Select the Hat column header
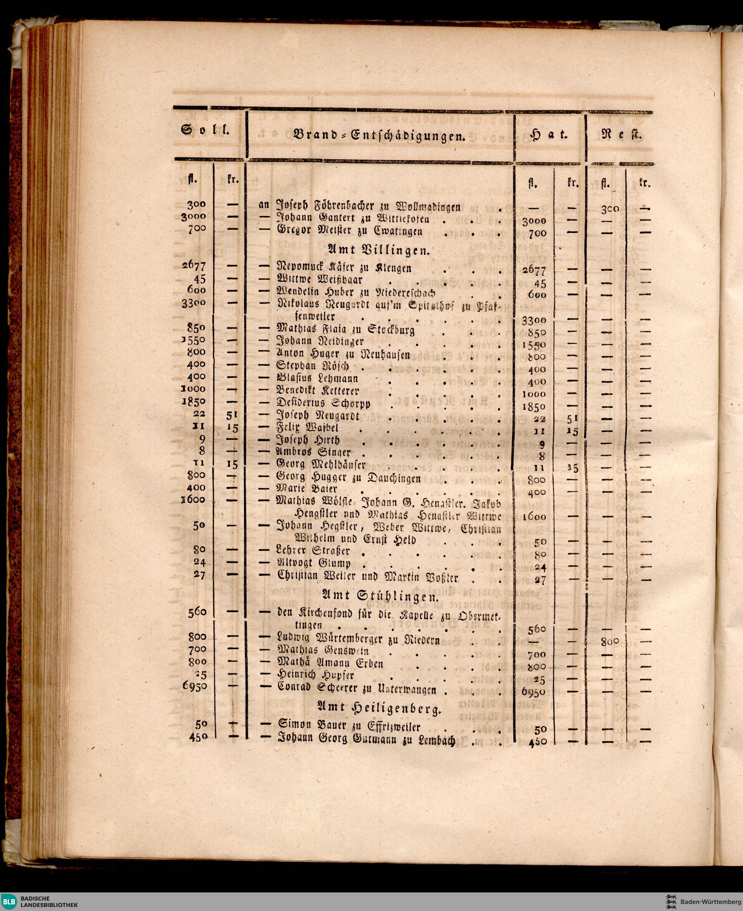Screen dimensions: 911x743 point(548,135)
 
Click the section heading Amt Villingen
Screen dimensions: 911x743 point(379,250)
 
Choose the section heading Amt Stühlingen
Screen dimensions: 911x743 point(379,596)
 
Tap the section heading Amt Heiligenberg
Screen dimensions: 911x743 point(379,709)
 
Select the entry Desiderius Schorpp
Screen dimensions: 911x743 point(323,403)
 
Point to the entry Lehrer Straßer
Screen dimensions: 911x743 point(313,550)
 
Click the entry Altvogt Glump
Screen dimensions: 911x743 point(314,563)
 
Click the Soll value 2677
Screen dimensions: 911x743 point(194,266)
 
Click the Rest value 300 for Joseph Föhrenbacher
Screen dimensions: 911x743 point(610,209)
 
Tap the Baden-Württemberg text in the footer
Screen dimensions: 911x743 point(708,901)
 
